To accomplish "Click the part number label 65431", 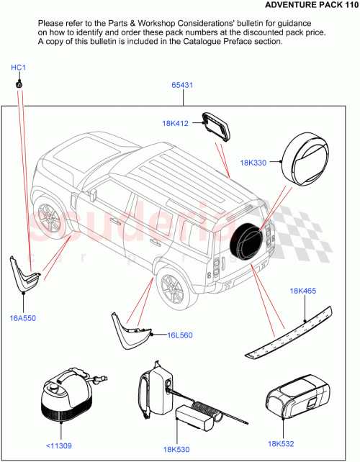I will coord(181,85).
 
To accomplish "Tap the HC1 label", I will coord(19,68).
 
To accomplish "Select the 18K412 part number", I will coord(175,124).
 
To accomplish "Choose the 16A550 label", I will coord(22,317).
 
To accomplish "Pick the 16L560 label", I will coord(180,335).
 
